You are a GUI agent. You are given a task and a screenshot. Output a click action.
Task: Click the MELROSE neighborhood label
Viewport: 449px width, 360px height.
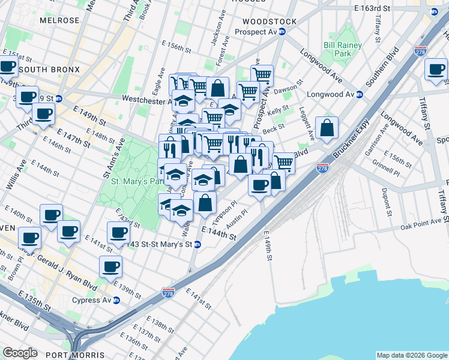[x=59, y=20]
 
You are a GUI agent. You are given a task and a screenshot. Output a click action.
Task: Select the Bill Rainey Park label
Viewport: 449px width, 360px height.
[x=343, y=49]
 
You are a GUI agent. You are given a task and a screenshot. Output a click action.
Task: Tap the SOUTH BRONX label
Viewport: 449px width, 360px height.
[x=49, y=70]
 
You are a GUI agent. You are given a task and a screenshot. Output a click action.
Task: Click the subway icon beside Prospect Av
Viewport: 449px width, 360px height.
[x=281, y=32]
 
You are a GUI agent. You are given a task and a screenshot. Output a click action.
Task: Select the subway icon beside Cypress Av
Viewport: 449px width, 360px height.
[x=116, y=300]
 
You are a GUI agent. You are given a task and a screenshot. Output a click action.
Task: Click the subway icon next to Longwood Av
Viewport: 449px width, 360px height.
[x=359, y=94]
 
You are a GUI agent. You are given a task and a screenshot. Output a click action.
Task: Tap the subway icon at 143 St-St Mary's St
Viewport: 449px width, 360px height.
[x=196, y=244]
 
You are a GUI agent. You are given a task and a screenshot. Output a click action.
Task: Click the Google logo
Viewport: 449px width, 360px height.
[x=20, y=353]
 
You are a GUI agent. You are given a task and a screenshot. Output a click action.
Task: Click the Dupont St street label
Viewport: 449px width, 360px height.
[x=385, y=202]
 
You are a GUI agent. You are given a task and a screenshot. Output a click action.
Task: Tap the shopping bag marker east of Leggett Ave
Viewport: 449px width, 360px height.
[x=327, y=128]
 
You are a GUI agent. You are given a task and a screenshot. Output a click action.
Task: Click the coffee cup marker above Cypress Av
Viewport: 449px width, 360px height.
[x=110, y=266]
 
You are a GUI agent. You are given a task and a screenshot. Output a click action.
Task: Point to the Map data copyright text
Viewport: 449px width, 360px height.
[x=412, y=355]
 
